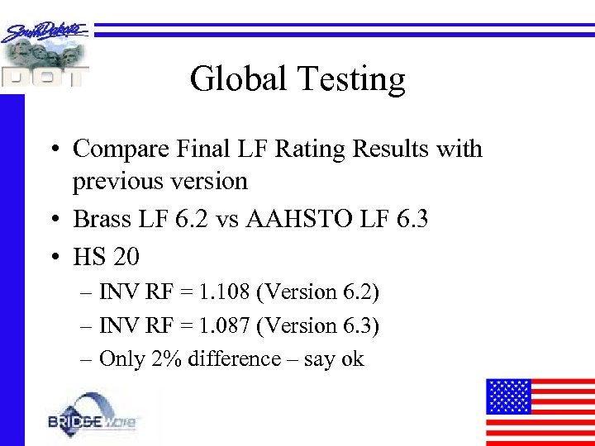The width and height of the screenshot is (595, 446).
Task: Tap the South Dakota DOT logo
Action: (x=46, y=55)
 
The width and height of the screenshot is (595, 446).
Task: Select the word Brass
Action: (x=98, y=219)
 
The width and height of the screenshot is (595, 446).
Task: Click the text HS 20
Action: (x=106, y=257)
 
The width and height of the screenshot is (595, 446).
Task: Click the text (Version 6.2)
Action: (x=318, y=292)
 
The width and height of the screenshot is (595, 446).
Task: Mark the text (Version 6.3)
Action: (x=318, y=326)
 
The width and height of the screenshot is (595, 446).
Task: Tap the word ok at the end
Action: (x=353, y=359)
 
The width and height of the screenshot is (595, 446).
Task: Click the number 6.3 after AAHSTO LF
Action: (x=410, y=219)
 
